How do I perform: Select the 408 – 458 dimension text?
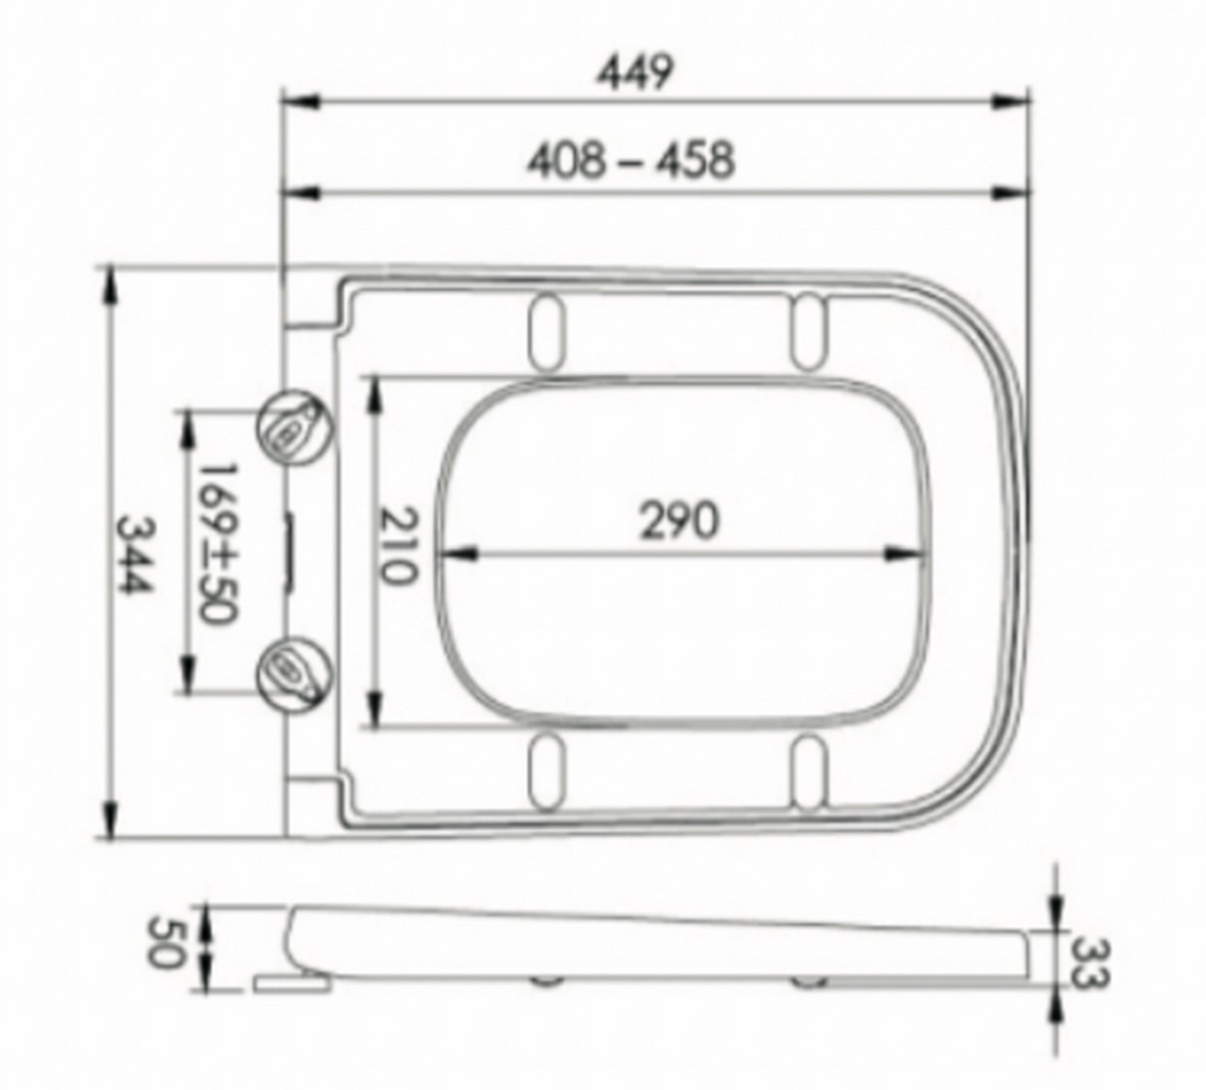(631, 160)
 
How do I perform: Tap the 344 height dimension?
(135, 555)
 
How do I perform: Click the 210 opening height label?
(399, 546)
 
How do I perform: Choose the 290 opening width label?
(678, 521)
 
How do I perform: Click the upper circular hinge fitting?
(295, 427)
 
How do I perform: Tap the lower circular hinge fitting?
(295, 675)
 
